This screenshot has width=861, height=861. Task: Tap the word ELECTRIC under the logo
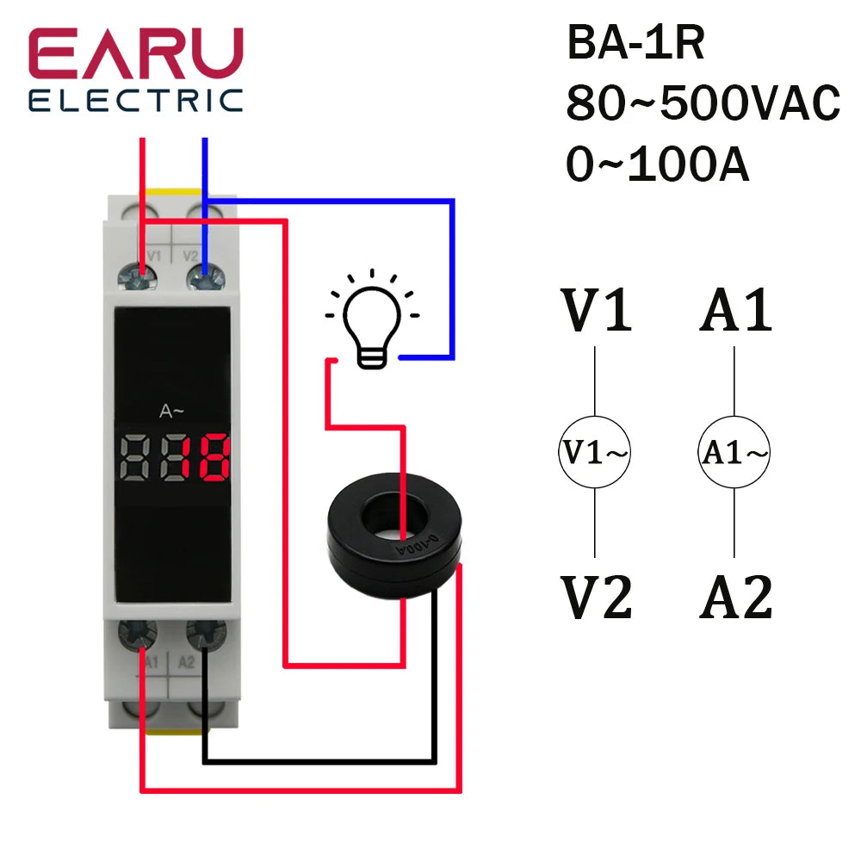[135, 100]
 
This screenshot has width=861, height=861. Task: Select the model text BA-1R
[635, 44]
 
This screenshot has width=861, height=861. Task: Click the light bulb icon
[372, 323]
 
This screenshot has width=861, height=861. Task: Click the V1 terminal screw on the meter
[143, 276]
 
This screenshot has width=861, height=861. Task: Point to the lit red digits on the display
[206, 458]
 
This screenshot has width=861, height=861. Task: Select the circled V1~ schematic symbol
[594, 452]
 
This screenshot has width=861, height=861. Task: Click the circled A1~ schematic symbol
[734, 452]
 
